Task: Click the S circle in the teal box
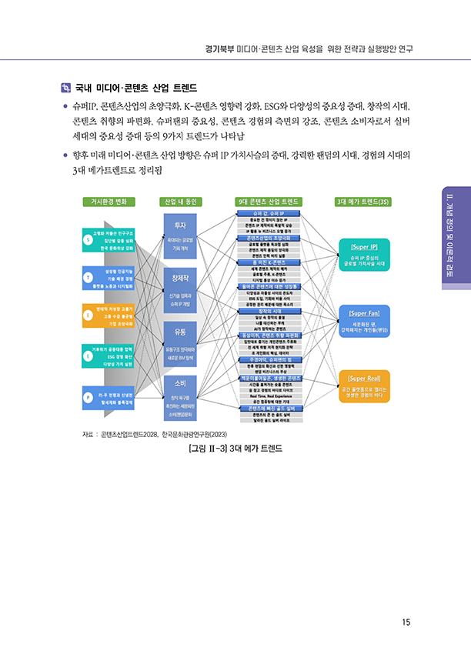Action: click(88, 239)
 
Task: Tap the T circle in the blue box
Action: click(88, 278)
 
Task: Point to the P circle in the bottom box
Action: click(88, 397)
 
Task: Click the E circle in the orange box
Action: click(88, 315)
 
